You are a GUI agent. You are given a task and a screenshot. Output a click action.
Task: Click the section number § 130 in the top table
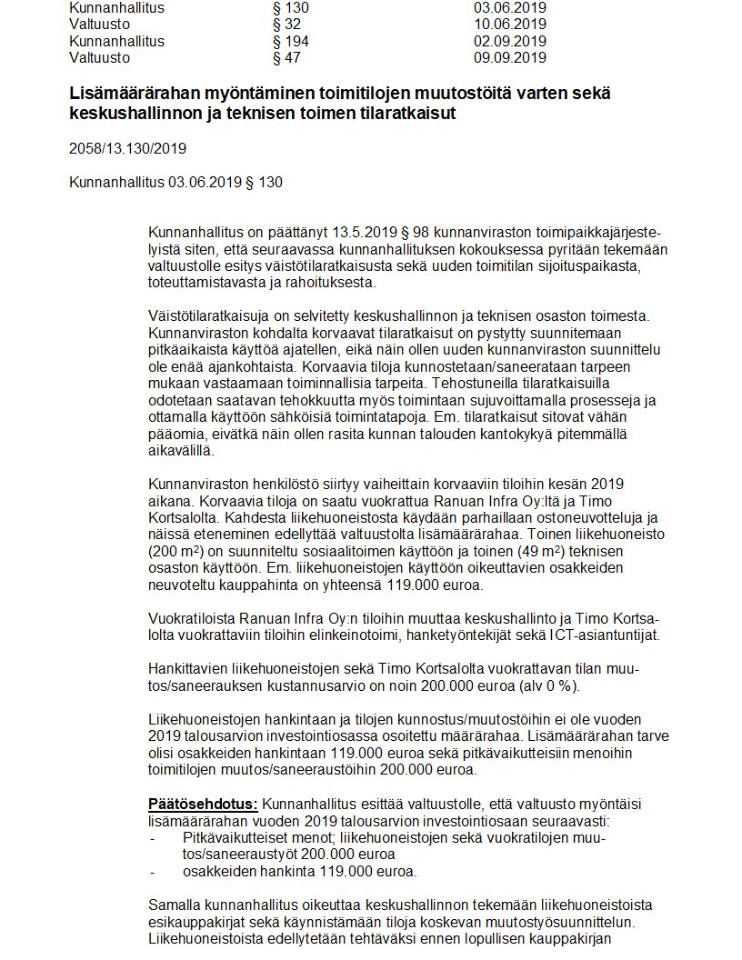tap(291, 7)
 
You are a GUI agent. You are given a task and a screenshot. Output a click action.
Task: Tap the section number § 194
tap(291, 42)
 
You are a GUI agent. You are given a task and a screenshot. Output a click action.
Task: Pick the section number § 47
tap(287, 58)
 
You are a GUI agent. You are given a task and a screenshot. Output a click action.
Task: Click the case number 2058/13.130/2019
tap(128, 148)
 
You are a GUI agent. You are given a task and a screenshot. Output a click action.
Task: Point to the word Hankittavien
tap(187, 669)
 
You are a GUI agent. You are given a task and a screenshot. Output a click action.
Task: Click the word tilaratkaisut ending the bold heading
tap(403, 114)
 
